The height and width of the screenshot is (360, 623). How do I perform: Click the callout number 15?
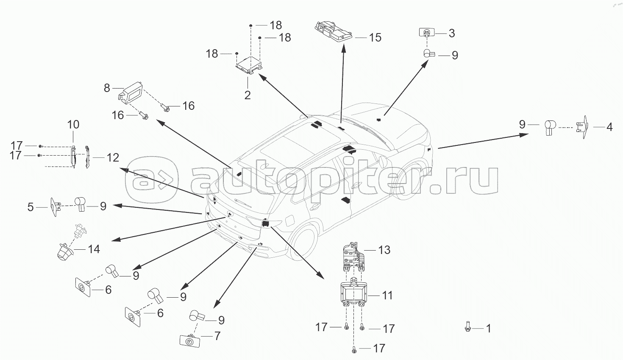pyautogui.click(x=375, y=37)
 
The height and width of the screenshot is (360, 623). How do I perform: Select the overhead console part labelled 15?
pyautogui.click(x=334, y=31)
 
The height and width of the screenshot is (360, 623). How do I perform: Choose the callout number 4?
pyautogui.click(x=609, y=126)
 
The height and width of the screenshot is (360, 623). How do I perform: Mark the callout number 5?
pyautogui.click(x=30, y=207)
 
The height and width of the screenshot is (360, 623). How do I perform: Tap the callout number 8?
pyautogui.click(x=107, y=88)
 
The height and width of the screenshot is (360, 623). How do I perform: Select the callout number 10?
pyautogui.click(x=73, y=125)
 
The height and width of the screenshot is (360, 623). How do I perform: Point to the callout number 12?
pyautogui.click(x=113, y=158)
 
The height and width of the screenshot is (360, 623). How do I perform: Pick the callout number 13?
pyautogui.click(x=384, y=250)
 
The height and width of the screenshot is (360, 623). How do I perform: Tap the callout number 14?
pyautogui.click(x=93, y=249)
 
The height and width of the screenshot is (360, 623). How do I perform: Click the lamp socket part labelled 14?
pyautogui.click(x=67, y=248)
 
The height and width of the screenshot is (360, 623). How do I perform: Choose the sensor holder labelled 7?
pyautogui.click(x=190, y=340)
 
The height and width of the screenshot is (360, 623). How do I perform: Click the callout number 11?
pyautogui.click(x=387, y=295)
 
